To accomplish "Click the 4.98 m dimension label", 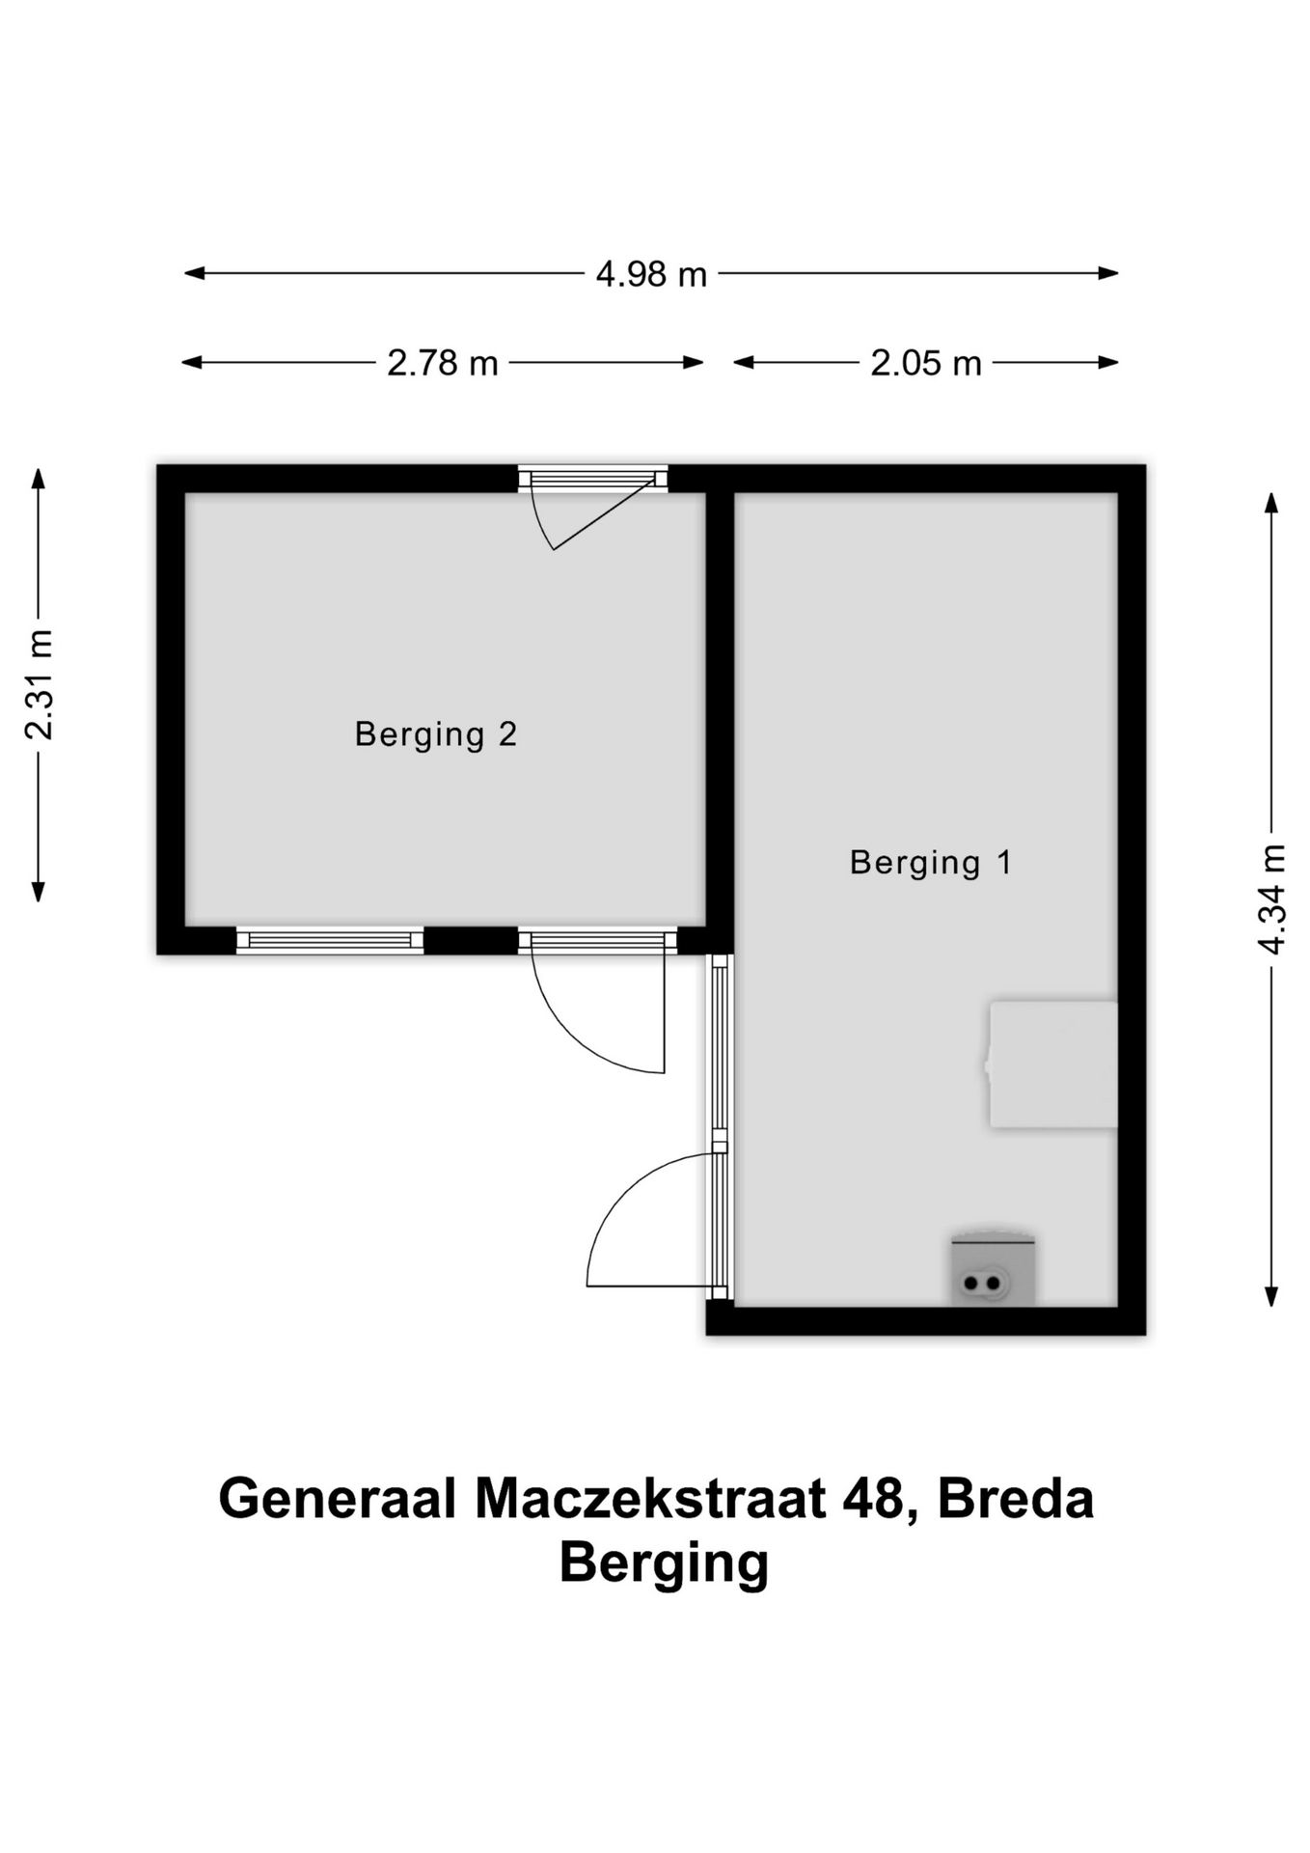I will click(x=651, y=275).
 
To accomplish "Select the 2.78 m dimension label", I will click(x=443, y=364).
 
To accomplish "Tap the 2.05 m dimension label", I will click(x=925, y=364).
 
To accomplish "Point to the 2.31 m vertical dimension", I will click(x=39, y=683).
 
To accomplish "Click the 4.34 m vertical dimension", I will click(x=1272, y=899).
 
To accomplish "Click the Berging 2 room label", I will click(x=436, y=734).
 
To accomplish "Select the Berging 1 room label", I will click(x=931, y=862).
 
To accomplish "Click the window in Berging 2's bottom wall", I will click(x=330, y=941).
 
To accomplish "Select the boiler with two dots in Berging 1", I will click(x=992, y=1272).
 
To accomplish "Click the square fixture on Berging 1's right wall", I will click(x=1053, y=1065).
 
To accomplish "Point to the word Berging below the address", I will click(x=664, y=1563).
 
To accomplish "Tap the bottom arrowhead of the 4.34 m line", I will click(x=1271, y=1298).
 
